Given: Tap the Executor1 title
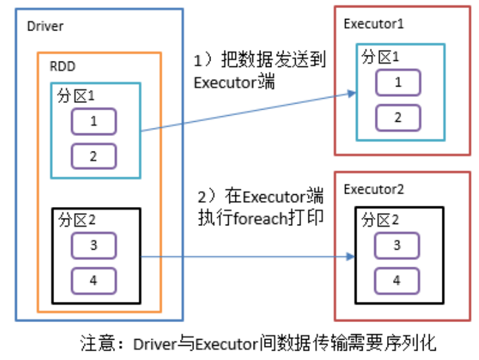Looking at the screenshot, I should click(374, 24).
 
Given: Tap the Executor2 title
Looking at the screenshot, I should click(374, 189).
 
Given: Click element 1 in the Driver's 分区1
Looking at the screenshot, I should click(93, 122).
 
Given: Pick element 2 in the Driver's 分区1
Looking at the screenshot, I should click(93, 156).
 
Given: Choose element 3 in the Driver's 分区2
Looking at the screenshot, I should click(93, 245).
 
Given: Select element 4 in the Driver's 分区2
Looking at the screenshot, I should click(93, 279).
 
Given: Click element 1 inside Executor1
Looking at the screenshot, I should click(398, 83).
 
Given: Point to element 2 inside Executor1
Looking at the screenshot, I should click(398, 117).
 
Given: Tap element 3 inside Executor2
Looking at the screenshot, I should click(398, 245).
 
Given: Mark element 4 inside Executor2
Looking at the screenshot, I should click(398, 279).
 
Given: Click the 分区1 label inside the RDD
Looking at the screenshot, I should click(76, 97).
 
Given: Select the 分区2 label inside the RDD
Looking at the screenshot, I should click(76, 221).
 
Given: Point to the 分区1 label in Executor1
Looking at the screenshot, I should click(380, 58).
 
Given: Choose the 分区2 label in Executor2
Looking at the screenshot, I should click(380, 221).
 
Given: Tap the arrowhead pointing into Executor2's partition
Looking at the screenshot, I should click(352, 256).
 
